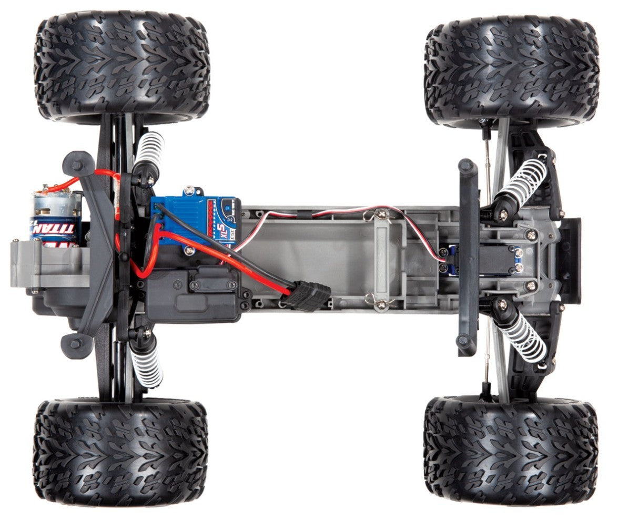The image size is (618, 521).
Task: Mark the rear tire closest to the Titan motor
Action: pyautogui.click(x=122, y=63)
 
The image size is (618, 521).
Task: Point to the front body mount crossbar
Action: pyautogui.click(x=468, y=258)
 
